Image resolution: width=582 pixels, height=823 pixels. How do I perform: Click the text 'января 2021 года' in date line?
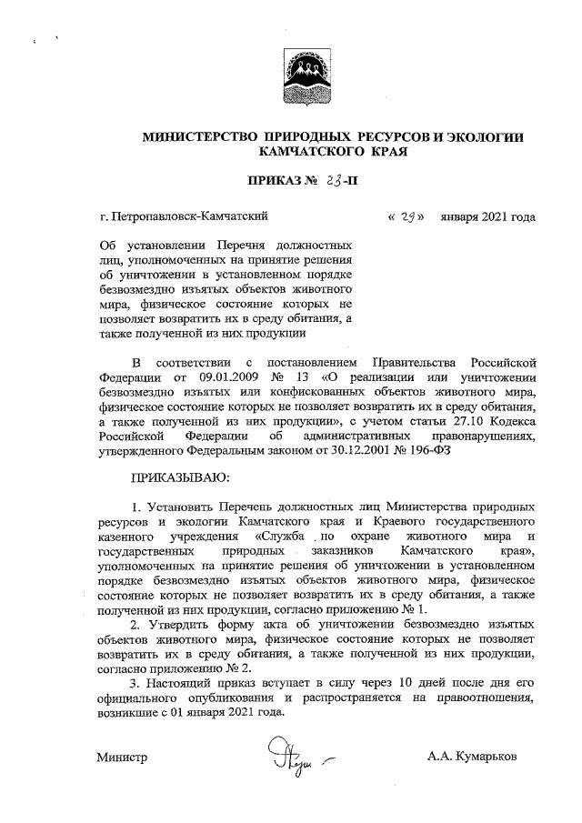487,217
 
